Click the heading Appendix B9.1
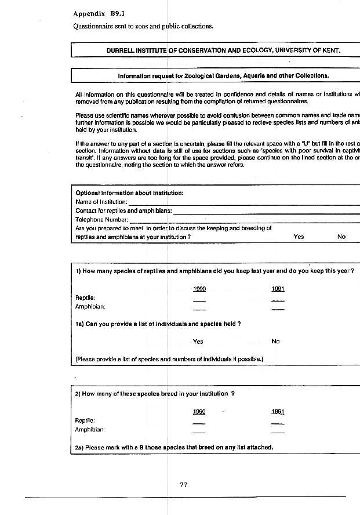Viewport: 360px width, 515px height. pyautogui.click(x=96, y=13)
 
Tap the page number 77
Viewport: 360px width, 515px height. pyautogui.click(x=184, y=485)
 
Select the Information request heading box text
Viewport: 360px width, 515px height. pyautogui.click(x=223, y=75)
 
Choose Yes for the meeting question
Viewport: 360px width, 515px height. pyautogui.click(x=299, y=237)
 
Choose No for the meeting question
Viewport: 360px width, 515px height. pyautogui.click(x=341, y=237)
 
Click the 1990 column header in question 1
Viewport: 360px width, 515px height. pyautogui.click(x=199, y=289)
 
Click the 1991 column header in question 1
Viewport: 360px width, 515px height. pyautogui.click(x=278, y=289)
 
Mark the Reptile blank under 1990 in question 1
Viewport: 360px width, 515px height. pyautogui.click(x=199, y=301)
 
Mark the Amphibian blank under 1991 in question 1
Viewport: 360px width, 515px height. pyautogui.click(x=278, y=310)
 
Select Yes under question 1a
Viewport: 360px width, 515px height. pyautogui.click(x=198, y=342)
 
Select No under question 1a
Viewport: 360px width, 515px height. pyautogui.click(x=275, y=342)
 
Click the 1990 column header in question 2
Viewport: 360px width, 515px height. pyautogui.click(x=199, y=412)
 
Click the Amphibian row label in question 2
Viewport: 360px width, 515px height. pyautogui.click(x=90, y=430)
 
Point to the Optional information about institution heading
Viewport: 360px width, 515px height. pyautogui.click(x=130, y=193)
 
